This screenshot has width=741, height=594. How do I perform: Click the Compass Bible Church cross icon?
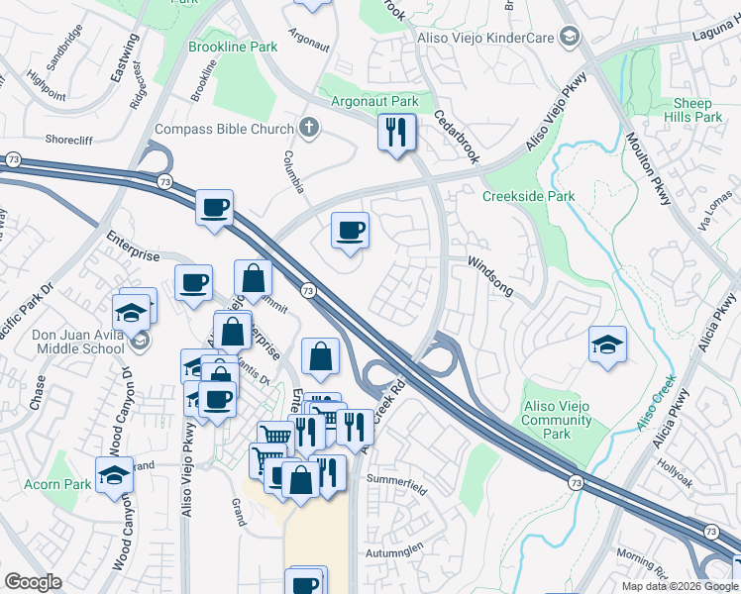[309, 129]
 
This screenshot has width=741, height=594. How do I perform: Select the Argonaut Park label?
[375, 101]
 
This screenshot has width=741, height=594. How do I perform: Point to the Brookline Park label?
[234, 47]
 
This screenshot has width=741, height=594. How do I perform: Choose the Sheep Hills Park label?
[691, 110]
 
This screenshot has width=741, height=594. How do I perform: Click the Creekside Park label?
[528, 196]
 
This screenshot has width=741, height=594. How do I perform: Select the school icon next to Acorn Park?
[115, 475]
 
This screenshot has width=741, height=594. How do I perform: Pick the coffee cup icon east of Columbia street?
[350, 232]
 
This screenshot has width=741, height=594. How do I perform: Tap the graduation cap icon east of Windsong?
[607, 346]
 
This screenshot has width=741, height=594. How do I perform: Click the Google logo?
[32, 582]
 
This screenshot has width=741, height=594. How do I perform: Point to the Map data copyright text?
[679, 586]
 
